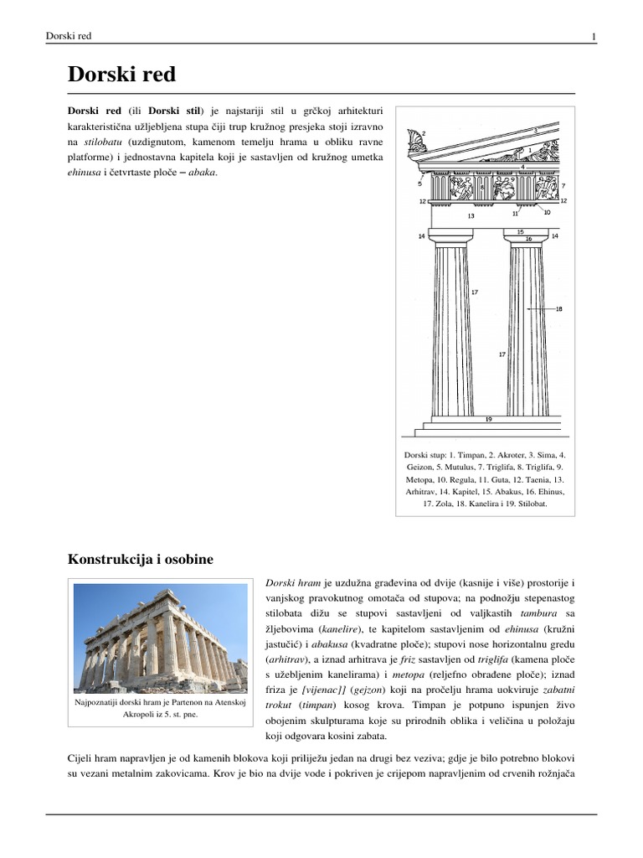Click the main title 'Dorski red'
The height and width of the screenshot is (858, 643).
tap(121, 75)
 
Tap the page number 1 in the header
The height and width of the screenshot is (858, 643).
tap(593, 36)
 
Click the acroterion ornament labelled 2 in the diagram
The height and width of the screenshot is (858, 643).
tap(413, 141)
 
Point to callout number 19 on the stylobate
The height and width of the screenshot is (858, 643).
tap(488, 418)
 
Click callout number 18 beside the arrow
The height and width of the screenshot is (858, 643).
tap(559, 309)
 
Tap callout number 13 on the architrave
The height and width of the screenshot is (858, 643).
tap(471, 216)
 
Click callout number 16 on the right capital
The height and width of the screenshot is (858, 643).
tap(528, 239)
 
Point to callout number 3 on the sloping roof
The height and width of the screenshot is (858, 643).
tap(535, 131)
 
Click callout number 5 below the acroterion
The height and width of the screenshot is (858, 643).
tap(419, 182)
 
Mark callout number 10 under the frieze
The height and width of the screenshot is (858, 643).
tap(547, 212)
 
